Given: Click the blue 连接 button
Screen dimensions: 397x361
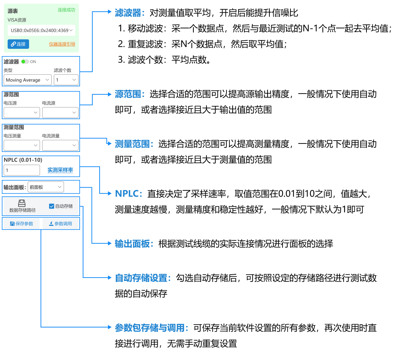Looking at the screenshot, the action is tap(18, 44).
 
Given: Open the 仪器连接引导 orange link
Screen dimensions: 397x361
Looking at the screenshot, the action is tap(62, 44).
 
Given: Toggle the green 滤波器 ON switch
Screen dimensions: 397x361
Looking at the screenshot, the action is tap(25, 62).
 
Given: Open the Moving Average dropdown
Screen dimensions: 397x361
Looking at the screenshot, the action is tap(28, 80).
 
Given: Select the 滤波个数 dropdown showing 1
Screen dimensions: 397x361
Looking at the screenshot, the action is tap(66, 80).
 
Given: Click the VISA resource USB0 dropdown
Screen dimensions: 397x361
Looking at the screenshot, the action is tap(41, 31).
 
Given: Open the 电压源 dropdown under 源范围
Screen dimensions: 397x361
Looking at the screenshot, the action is tap(22, 113).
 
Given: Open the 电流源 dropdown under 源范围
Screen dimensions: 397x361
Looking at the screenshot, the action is tap(60, 113).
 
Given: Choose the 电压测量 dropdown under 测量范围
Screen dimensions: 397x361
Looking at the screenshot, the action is tap(22, 145).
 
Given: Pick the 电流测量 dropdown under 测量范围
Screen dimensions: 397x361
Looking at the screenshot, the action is tap(60, 145).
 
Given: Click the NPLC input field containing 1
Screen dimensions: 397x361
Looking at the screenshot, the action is tap(22, 170).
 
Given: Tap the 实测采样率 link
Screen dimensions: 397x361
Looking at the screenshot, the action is tap(60, 170).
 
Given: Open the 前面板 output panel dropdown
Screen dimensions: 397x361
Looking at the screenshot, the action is tap(46, 187).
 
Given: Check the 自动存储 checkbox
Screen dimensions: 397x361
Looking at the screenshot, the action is tap(51, 206).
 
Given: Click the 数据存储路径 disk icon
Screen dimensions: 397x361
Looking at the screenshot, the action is tap(22, 203).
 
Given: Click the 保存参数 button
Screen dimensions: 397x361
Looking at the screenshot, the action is tap(21, 224).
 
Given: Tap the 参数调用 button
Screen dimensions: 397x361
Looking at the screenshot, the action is tap(60, 224).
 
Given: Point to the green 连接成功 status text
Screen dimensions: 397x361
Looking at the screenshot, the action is tap(66, 10).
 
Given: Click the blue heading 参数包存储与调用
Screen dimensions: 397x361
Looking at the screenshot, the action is tap(151, 328).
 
